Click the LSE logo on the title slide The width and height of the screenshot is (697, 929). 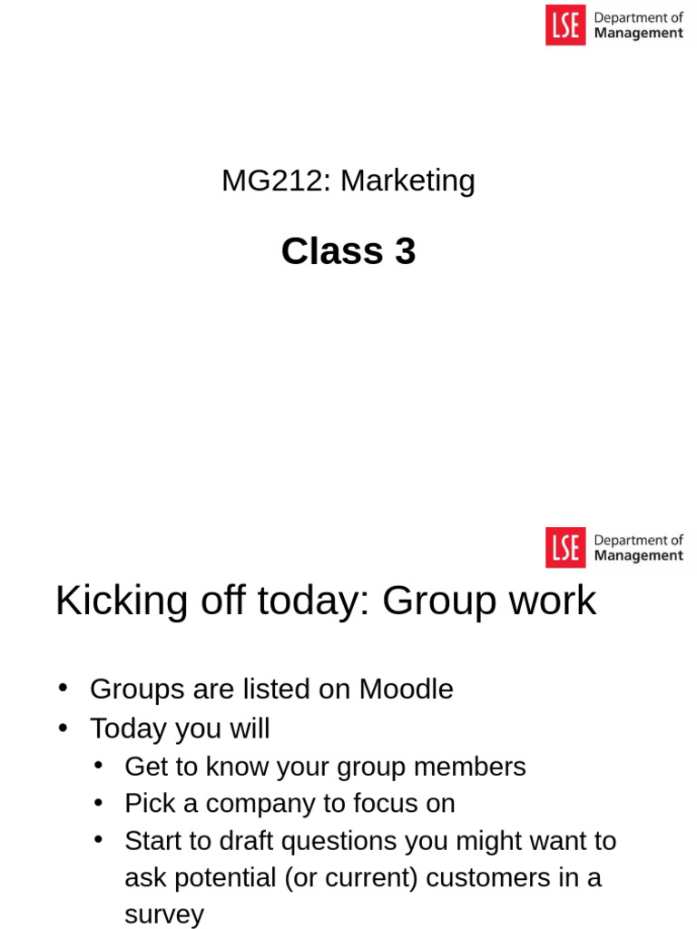click(x=565, y=24)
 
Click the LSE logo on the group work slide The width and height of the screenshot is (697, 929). click(x=565, y=547)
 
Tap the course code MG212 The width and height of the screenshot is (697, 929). click(x=272, y=181)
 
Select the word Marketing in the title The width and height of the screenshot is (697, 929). click(x=407, y=181)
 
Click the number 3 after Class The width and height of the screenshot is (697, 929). click(x=406, y=250)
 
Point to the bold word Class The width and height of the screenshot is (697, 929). click(x=332, y=250)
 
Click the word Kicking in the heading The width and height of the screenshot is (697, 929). click(x=122, y=601)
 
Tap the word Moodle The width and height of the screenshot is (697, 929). click(x=406, y=689)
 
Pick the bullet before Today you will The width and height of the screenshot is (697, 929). click(x=63, y=729)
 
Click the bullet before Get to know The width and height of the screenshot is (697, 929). click(x=98, y=766)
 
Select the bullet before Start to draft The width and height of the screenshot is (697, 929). click(x=98, y=840)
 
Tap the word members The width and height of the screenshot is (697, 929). click(x=469, y=767)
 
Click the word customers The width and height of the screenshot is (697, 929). click(x=487, y=878)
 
